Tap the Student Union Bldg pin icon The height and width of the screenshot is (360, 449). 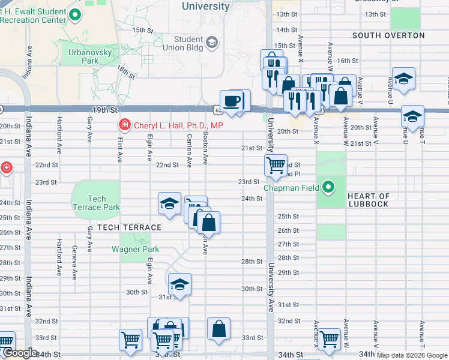pyautogui.click(x=212, y=43)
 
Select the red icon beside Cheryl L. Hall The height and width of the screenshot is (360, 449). pyautogui.click(x=124, y=125)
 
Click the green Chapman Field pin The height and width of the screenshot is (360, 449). pyautogui.click(x=328, y=187)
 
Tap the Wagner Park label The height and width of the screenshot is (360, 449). pyautogui.click(x=134, y=249)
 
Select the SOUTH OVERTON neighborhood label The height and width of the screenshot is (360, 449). pyautogui.click(x=388, y=35)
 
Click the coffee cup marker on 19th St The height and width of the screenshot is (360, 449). pyautogui.click(x=231, y=100)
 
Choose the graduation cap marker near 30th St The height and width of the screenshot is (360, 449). pyautogui.click(x=179, y=284)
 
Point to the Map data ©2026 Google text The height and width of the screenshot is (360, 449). pyautogui.click(x=411, y=355)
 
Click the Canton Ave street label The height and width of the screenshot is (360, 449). pyautogui.click(x=188, y=150)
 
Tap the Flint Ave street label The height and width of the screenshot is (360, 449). pyautogui.click(x=119, y=150)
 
